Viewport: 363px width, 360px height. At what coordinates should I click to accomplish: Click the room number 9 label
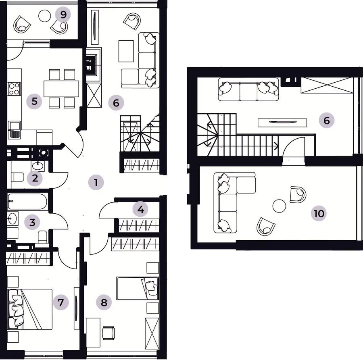63,15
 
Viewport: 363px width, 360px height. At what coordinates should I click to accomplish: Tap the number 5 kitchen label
34,101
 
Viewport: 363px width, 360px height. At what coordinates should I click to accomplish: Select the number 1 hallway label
96,182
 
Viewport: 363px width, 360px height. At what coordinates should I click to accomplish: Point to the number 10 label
319,213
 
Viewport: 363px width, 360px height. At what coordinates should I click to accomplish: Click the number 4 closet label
140,209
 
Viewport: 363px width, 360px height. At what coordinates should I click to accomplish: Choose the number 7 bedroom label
61,302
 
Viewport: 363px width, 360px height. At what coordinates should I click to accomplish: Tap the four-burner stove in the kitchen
14,89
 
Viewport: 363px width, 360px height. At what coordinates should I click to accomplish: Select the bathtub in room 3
27,202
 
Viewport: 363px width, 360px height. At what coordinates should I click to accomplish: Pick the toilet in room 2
17,177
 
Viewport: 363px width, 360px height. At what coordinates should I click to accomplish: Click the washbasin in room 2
37,165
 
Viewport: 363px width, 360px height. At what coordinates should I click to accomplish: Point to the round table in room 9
44,16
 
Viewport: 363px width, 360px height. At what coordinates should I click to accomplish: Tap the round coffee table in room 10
279,206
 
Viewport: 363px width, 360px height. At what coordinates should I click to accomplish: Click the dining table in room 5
61,89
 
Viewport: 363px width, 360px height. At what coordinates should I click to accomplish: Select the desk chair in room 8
108,333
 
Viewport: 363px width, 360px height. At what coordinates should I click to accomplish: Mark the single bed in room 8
138,288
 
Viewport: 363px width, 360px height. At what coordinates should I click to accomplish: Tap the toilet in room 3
43,237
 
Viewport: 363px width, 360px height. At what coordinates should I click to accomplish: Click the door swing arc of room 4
106,207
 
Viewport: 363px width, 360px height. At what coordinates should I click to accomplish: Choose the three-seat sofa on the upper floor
248,89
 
